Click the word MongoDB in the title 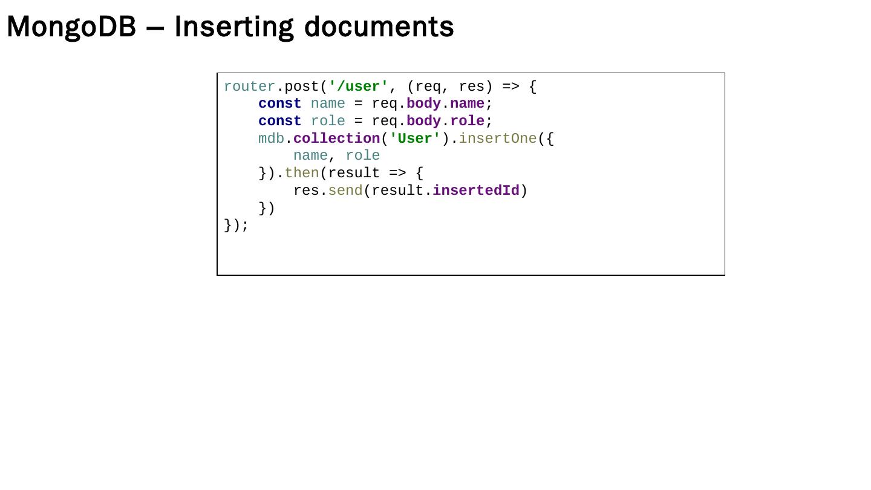pos(71,27)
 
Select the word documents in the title pos(379,27)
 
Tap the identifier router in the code pos(249,87)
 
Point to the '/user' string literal pos(358,87)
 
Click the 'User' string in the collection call pos(415,139)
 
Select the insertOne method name pos(497,139)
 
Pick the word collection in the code pos(336,139)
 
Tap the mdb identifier pos(271,139)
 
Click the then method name pos(301,173)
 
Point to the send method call pos(345,191)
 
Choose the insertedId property pos(475,191)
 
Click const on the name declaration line pos(279,104)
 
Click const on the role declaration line pos(279,121)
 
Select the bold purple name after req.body pos(467,104)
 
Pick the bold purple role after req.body pos(467,121)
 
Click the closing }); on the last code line pos(236,225)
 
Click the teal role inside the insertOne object pos(362,156)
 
